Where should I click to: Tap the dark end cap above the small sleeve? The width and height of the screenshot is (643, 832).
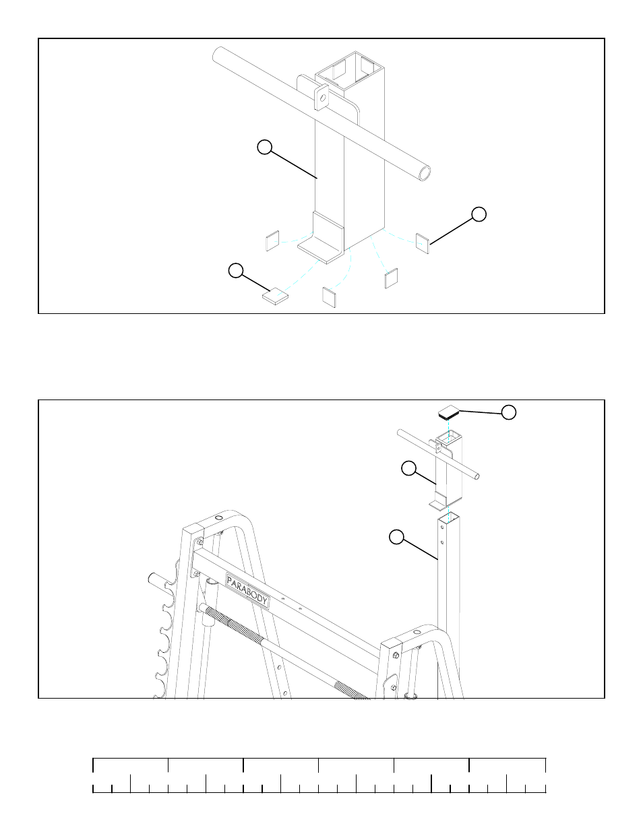coord(448,411)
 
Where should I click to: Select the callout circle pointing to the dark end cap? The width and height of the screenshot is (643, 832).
coord(510,412)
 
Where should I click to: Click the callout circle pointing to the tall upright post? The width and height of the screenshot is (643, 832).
coord(397,536)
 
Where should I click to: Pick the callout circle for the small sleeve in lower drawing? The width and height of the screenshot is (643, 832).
coord(408,468)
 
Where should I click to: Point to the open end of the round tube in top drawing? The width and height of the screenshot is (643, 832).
coord(425,173)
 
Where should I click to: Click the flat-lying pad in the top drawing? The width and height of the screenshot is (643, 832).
coord(275,295)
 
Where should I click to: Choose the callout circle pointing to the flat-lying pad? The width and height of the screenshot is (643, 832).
coord(235,271)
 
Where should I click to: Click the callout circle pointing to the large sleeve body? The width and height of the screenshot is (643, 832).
coord(265,147)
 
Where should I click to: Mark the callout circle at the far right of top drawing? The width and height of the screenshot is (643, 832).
coord(479,214)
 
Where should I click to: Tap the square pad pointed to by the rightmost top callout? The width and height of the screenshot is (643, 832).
coord(423,243)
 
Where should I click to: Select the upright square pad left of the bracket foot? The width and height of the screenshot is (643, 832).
coord(272,241)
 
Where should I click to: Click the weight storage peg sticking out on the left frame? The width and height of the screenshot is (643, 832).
coord(157,579)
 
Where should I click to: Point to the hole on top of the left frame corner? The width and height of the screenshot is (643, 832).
coord(218,518)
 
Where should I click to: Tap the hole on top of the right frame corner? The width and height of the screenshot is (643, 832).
coord(415,632)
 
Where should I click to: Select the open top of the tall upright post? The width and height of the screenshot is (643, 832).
coord(448,517)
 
